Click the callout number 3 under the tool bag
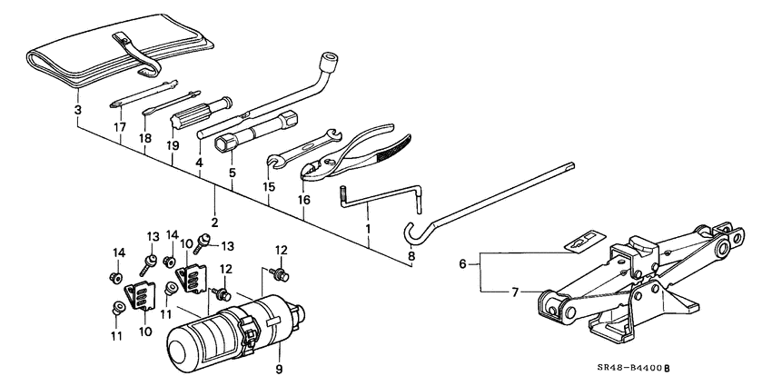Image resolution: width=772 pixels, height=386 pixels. coord(78,109)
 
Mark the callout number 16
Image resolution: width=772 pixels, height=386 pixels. coord(304,198)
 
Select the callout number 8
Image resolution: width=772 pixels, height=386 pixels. coord(411,257)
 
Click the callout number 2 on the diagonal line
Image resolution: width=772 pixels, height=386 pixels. coord(214,222)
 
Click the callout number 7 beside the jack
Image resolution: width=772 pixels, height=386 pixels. coord(514,292)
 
